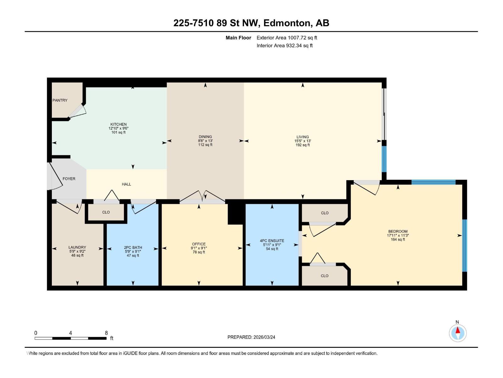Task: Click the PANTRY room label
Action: [x=60, y=100]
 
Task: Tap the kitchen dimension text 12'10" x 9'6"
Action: [x=119, y=128]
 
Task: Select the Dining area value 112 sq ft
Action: [x=205, y=145]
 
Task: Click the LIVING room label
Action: [x=302, y=137]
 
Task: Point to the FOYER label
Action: [x=69, y=179]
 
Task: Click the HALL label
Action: [x=126, y=184]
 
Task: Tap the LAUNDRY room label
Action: [x=77, y=247]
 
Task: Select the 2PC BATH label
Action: [x=133, y=247]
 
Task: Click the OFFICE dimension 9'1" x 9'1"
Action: [x=199, y=248]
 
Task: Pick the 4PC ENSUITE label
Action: [x=272, y=241]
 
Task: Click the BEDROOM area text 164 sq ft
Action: [x=398, y=239]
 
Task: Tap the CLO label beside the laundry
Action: [x=106, y=212]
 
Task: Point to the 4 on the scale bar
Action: [x=71, y=333]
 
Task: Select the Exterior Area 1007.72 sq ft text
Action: [x=287, y=37]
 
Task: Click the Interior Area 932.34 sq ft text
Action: [x=285, y=45]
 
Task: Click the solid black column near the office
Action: [x=235, y=214]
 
